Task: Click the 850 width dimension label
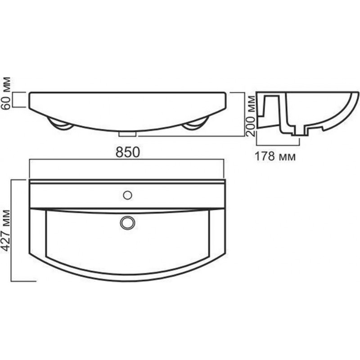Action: [128, 152]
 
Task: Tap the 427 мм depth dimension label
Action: [5, 230]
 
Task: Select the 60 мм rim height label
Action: [5, 93]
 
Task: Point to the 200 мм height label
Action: [250, 116]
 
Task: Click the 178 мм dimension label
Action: [275, 157]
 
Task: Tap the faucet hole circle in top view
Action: [127, 195]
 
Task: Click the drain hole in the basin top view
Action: [127, 223]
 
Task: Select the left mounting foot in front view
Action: [60, 124]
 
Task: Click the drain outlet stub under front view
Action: [127, 134]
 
